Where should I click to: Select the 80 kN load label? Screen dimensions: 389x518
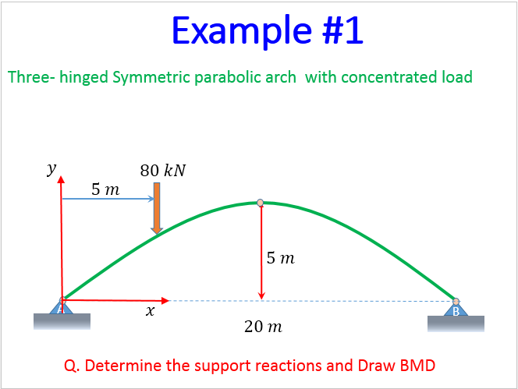[163, 170]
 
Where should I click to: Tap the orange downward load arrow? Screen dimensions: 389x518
[157, 207]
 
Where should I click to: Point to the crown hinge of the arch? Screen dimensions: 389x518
[261, 203]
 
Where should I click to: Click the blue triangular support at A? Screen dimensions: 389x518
[61, 306]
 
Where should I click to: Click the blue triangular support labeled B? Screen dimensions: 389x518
[456, 309]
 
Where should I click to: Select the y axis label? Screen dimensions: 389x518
[51, 168]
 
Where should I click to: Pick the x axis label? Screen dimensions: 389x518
[150, 311]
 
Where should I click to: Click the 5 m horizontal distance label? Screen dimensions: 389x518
[105, 189]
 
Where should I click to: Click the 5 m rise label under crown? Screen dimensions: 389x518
[280, 258]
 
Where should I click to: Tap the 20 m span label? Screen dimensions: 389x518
[263, 327]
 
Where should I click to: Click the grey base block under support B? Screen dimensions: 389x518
[456, 322]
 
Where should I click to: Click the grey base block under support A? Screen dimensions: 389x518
[62, 320]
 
